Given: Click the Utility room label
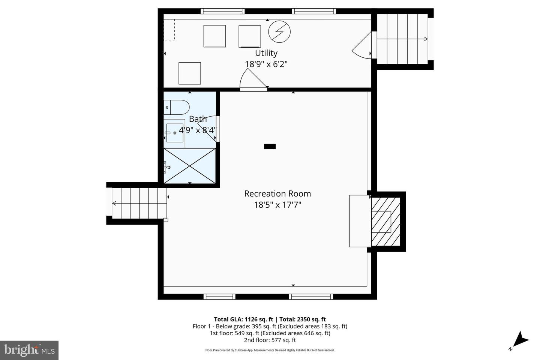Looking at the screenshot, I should tap(266, 53).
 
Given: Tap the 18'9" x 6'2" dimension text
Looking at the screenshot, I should tap(266, 64).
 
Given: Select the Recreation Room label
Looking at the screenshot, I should tap(277, 193).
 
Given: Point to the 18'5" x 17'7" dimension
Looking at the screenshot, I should tap(277, 205).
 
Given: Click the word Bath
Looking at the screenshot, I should tap(198, 119).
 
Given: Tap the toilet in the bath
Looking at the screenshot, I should tap(177, 107).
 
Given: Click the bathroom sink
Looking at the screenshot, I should tap(175, 133).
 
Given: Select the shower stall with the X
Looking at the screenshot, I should tap(190, 166).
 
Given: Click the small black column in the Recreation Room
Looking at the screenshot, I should tap(270, 147).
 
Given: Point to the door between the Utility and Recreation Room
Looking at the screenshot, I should tap(253, 81).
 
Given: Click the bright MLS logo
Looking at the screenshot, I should tap(29, 350).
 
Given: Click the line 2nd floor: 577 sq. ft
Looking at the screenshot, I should tap(270, 340).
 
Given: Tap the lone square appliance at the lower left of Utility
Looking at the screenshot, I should tap(189, 73).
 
